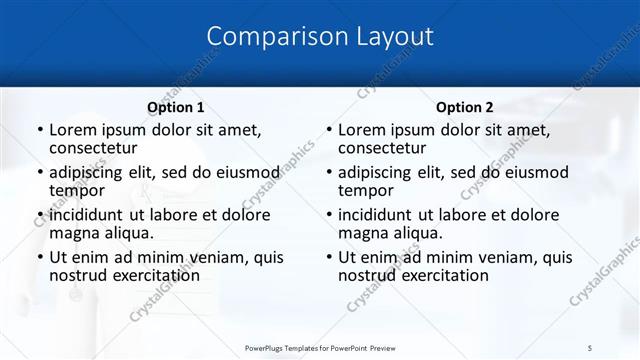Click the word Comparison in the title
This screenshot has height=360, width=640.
267,37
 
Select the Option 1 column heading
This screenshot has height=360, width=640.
176,107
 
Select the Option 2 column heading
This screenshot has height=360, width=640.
465,107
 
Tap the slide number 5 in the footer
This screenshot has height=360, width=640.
590,346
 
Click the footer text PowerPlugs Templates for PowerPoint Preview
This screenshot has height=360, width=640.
319,346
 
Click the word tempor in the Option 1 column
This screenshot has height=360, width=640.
76,190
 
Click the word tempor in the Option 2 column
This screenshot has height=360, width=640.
365,190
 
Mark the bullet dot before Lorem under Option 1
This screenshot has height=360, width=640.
39,130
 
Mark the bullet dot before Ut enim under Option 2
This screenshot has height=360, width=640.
328,257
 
